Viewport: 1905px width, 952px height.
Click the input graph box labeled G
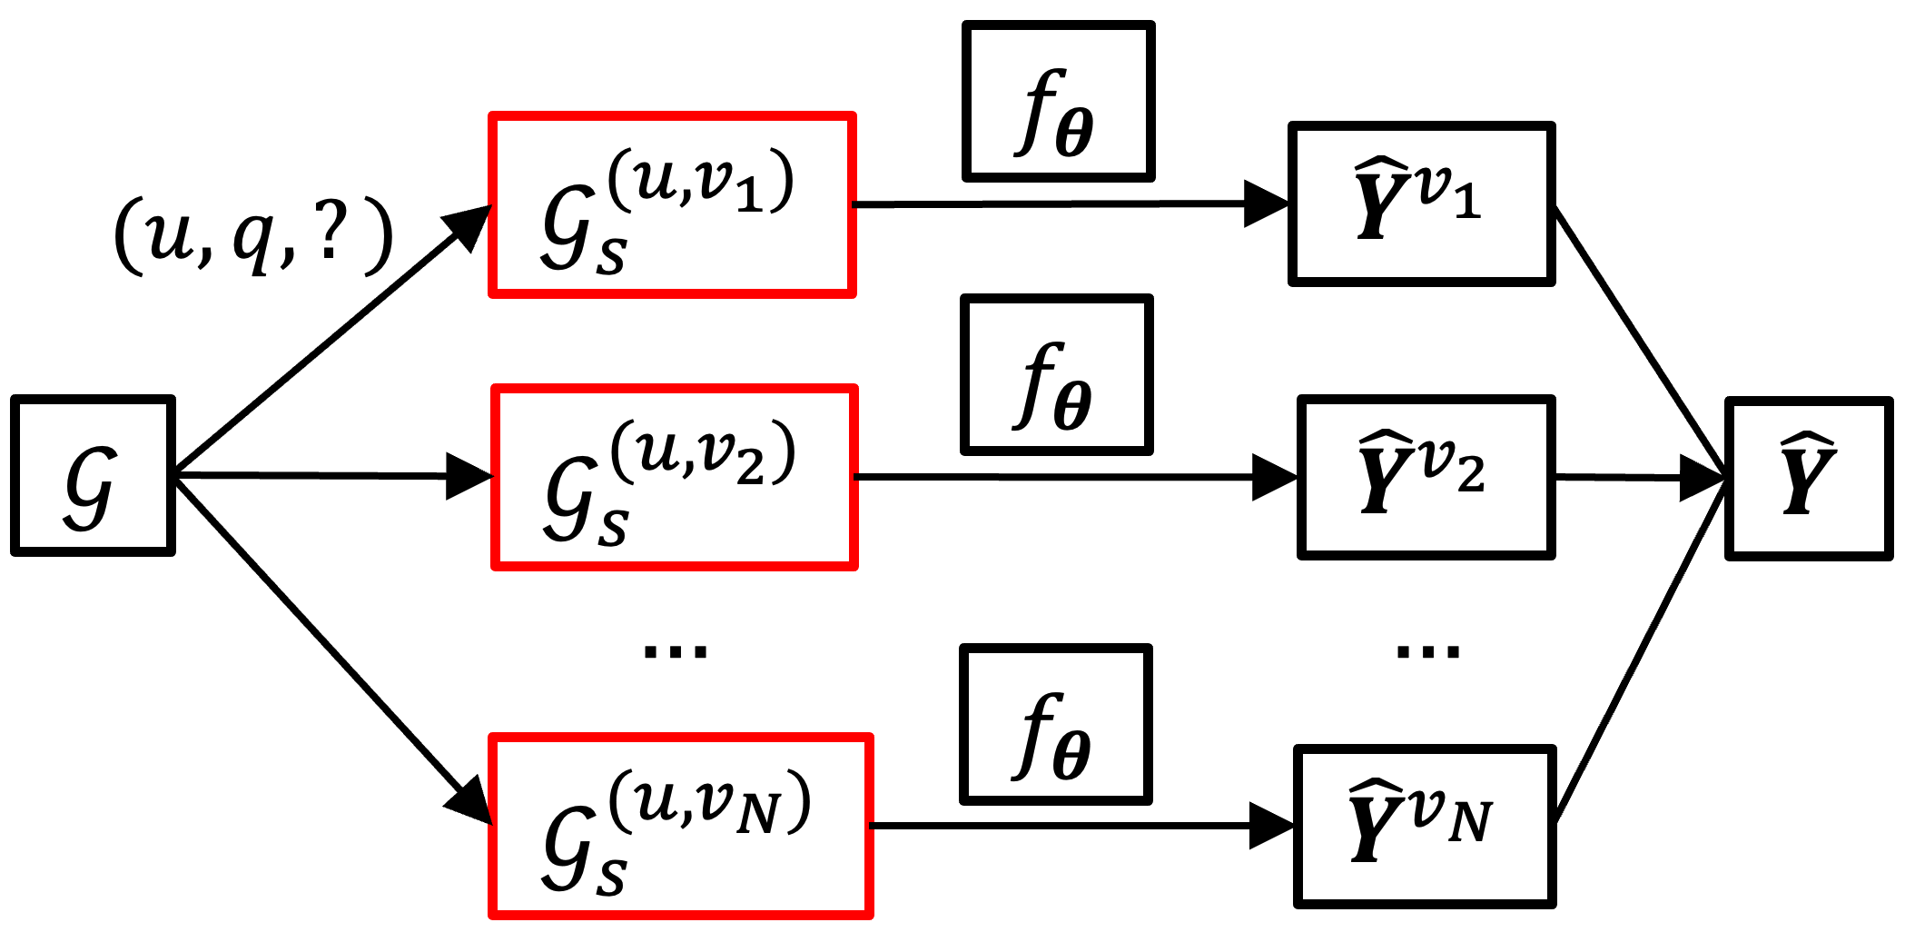[x=93, y=475]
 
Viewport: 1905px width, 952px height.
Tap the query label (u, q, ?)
[x=253, y=237]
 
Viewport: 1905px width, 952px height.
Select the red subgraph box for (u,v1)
[x=672, y=205]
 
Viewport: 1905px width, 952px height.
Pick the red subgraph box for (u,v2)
[x=675, y=478]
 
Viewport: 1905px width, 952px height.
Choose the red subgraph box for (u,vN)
[x=681, y=827]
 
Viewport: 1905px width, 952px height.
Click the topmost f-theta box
[x=1058, y=102]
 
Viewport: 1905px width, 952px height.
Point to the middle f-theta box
[x=1057, y=374]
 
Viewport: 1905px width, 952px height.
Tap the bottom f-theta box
[x=1056, y=725]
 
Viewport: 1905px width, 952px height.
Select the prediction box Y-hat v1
[x=1421, y=204]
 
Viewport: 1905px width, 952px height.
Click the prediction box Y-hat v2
[x=1426, y=477]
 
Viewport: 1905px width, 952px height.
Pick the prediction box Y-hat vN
[x=1425, y=827]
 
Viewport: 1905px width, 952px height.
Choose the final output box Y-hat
[x=1808, y=479]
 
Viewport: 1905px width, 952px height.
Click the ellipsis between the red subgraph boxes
[x=675, y=651]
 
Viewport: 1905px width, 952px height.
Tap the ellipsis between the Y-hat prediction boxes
[x=1427, y=651]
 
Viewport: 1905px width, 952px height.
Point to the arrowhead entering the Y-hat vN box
[x=1270, y=826]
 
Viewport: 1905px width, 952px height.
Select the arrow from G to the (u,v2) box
[x=318, y=475]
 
